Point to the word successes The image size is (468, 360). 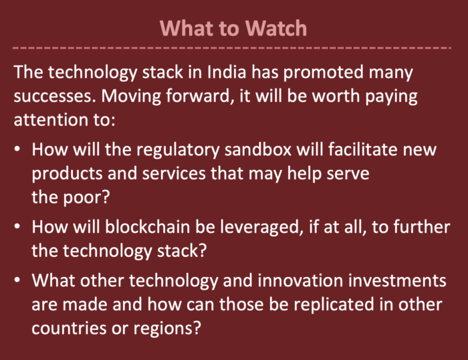click(x=55, y=96)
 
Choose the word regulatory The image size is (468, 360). click(x=178, y=151)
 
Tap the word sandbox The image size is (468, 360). click(x=258, y=149)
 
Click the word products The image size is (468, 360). click(x=67, y=174)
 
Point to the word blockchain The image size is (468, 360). click(x=148, y=227)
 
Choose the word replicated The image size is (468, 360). click(x=334, y=306)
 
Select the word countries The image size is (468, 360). click(x=69, y=329)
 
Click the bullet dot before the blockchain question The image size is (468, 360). click(x=17, y=226)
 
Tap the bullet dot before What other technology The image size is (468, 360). click(x=17, y=280)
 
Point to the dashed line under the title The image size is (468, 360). click(x=231, y=48)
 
